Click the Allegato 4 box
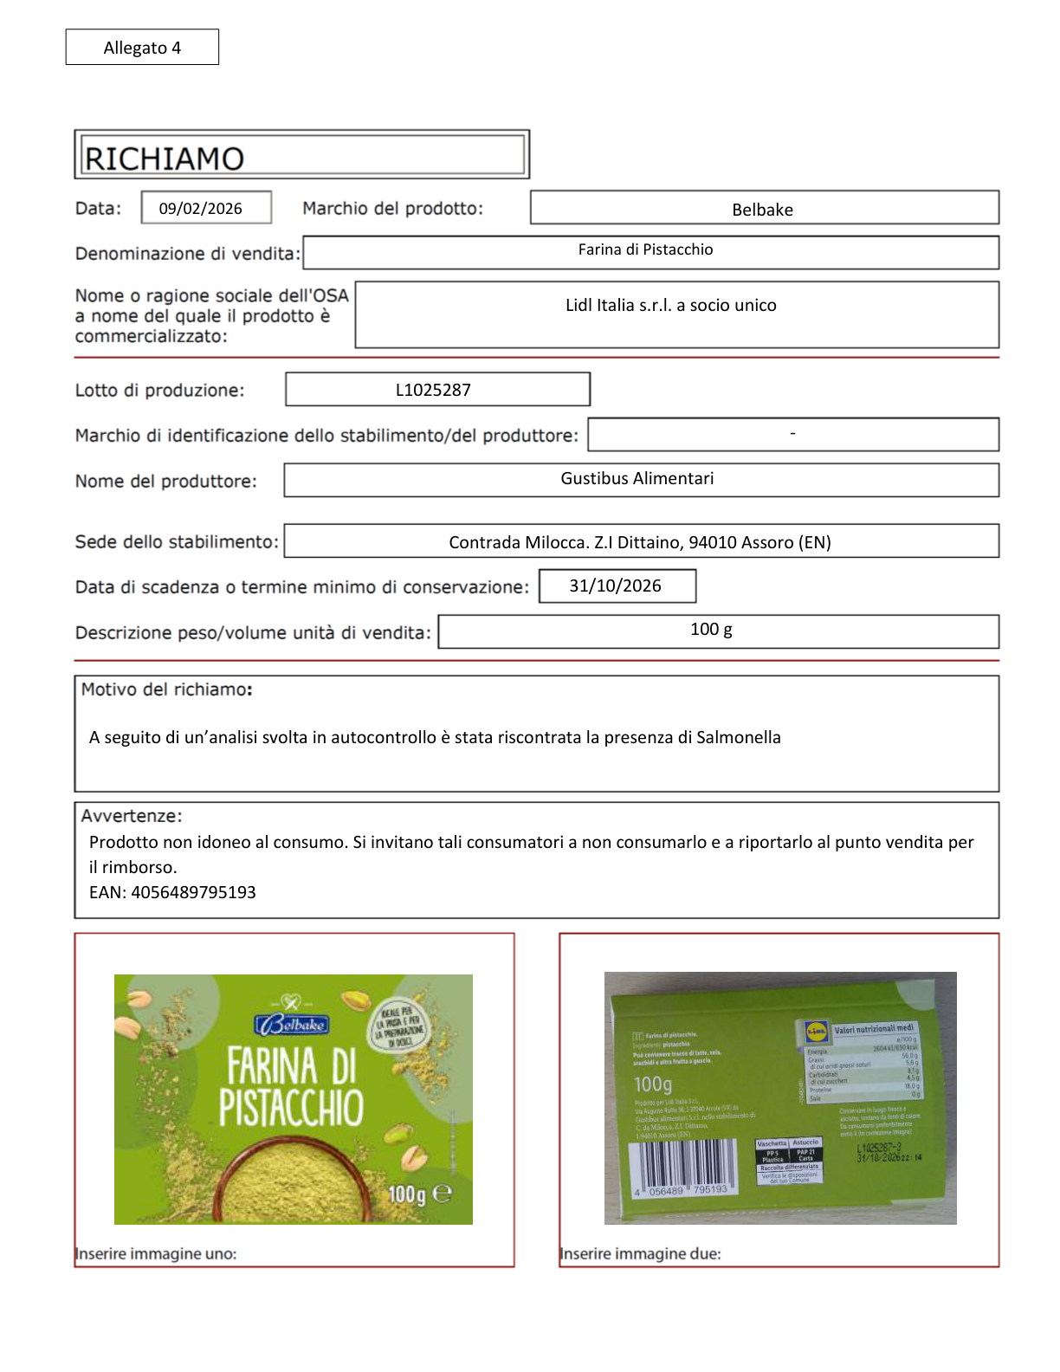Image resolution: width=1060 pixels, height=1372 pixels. (x=142, y=48)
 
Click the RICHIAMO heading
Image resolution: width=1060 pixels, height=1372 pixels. (x=165, y=159)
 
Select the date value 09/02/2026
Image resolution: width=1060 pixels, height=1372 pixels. (x=201, y=209)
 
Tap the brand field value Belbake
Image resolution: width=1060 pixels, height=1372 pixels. (x=762, y=210)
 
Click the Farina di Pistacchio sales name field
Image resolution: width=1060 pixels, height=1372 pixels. (x=645, y=250)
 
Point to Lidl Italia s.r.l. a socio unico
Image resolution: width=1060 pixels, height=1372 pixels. (x=671, y=306)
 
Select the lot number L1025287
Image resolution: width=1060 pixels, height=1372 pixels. (x=433, y=390)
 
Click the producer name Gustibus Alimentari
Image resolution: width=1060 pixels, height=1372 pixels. (x=637, y=479)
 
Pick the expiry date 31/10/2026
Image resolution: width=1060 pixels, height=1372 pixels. (x=615, y=586)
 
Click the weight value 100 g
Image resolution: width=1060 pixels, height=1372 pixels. (x=711, y=630)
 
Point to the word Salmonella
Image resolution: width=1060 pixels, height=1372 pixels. (x=739, y=738)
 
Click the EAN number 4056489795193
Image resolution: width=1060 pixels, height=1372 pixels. (x=193, y=893)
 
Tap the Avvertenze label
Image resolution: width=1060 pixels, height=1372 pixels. (x=132, y=816)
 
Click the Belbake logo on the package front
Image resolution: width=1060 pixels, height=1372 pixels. (x=291, y=1025)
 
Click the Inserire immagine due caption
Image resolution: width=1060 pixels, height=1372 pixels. (x=640, y=1253)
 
